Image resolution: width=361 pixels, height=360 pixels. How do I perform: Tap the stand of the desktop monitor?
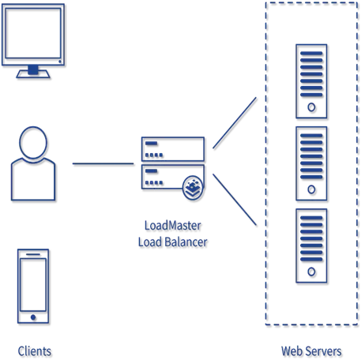[33, 71]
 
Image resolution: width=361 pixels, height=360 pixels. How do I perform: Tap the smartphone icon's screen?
[33, 280]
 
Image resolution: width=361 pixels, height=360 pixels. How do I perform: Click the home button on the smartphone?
[33, 317]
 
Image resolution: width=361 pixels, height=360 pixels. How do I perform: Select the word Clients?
[35, 349]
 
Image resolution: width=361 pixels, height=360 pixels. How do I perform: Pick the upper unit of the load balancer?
[172, 148]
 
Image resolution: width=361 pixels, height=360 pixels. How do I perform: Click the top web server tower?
[311, 79]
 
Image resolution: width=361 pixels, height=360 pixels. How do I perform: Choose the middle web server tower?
[311, 162]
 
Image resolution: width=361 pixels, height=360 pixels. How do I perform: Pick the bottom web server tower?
[311, 243]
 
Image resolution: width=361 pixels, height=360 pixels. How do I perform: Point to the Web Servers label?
[311, 350]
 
